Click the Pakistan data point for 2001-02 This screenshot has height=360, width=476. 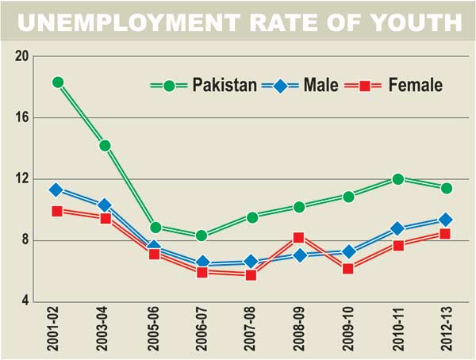57,82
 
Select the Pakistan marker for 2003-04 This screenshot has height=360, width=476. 105,145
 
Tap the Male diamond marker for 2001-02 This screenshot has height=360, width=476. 56,190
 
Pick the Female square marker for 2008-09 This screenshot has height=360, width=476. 298,237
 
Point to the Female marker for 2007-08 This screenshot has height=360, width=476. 251,275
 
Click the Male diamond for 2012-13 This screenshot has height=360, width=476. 446,220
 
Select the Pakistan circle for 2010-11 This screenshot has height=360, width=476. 397,179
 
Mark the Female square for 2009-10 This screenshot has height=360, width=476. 348,269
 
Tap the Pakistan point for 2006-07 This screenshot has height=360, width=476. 202,236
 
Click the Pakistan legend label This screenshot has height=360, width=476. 225,85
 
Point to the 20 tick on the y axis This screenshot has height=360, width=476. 21,56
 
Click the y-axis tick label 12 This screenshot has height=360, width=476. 21,179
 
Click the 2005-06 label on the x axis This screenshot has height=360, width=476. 155,331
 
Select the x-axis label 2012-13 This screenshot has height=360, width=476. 447,331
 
